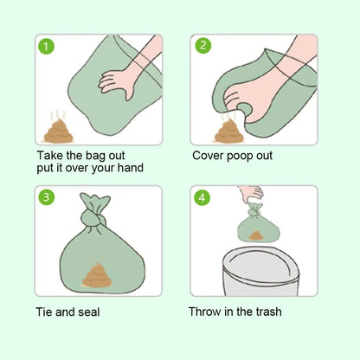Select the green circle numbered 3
[x=49, y=197]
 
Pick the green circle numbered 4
[x=203, y=197]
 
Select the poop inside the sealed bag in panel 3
[x=95, y=275]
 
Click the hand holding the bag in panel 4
[x=252, y=192]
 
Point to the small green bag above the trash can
[x=259, y=227]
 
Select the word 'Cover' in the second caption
[x=209, y=156]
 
